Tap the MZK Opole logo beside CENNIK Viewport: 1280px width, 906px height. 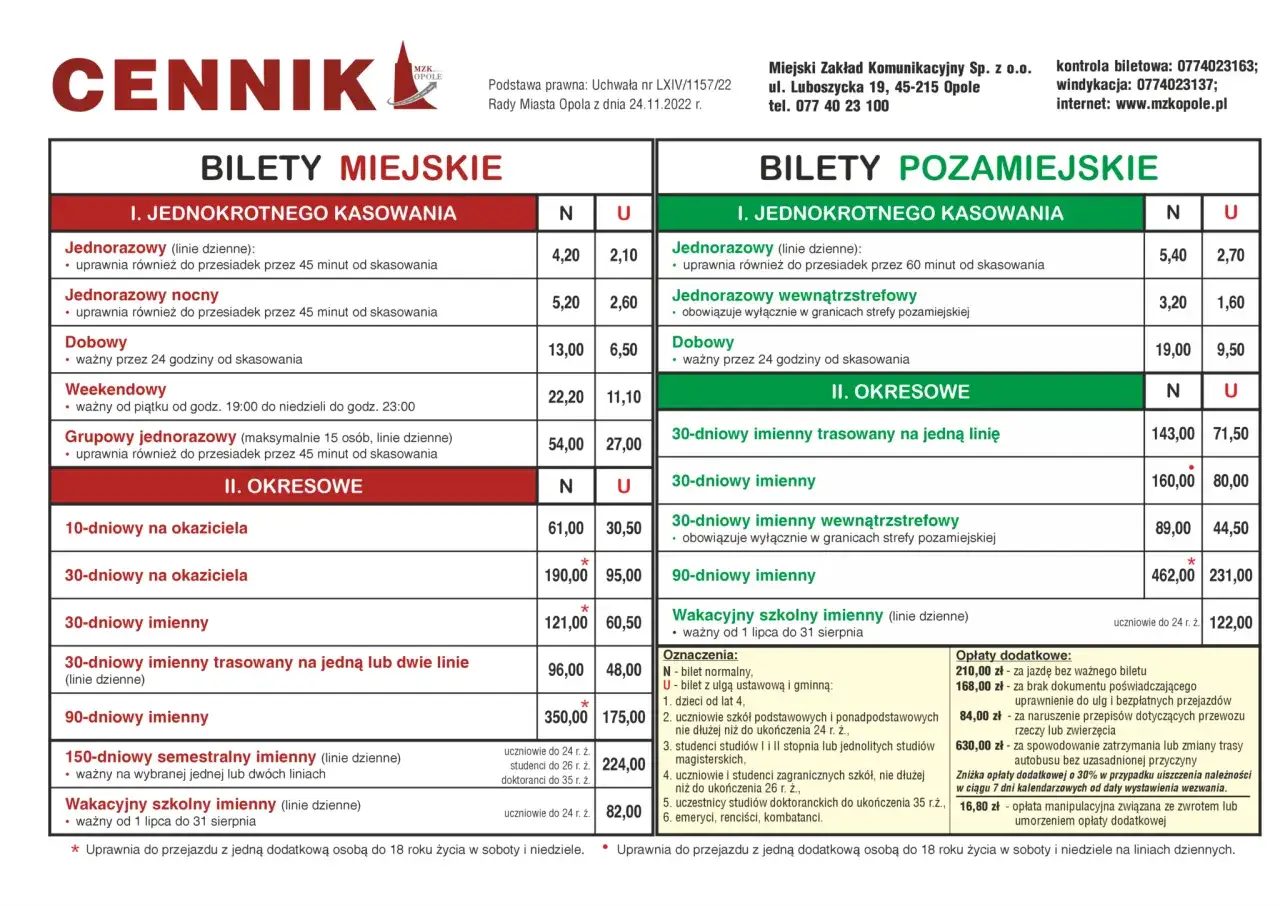[x=414, y=76]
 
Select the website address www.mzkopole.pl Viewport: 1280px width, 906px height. [x=1171, y=103]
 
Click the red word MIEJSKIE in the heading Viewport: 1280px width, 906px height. [x=421, y=168]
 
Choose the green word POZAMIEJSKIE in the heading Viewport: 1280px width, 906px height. [x=1028, y=168]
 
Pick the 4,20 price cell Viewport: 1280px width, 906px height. [x=566, y=256]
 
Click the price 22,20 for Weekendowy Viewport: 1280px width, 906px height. [x=566, y=397]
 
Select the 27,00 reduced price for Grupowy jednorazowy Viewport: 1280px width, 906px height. [x=623, y=444]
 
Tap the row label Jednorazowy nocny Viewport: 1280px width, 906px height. [x=142, y=295]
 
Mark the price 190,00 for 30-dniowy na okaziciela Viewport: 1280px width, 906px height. [x=566, y=575]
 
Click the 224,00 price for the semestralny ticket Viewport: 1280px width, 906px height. [x=623, y=765]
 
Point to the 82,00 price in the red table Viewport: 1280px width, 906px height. [x=623, y=812]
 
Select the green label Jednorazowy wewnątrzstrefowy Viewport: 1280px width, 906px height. [x=794, y=296]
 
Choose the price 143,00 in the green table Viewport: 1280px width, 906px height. [x=1173, y=434]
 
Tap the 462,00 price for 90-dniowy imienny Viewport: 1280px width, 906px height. [x=1173, y=575]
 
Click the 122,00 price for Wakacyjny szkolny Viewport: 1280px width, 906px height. [x=1230, y=622]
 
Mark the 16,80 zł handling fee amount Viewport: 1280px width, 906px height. [x=980, y=806]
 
